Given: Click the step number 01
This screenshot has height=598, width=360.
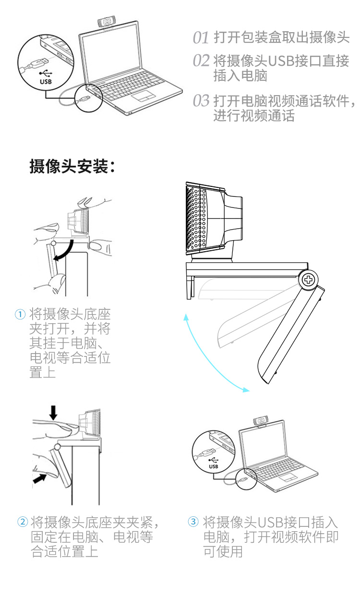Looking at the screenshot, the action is point(201,37).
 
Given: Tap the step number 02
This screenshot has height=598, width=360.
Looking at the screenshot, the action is point(201,61).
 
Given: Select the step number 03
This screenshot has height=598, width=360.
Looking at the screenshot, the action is point(201,101).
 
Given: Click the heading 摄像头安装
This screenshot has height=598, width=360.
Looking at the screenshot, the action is point(69,166).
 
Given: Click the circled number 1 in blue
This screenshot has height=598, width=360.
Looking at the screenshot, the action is point(20,314).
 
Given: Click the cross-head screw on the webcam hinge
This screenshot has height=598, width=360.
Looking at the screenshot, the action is point(309,280).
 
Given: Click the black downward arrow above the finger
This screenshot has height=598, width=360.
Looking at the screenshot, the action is point(53,413).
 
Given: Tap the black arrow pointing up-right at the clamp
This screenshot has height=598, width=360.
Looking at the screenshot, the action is point(39,478).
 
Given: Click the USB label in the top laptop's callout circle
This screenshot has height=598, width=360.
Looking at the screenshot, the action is point(46,82).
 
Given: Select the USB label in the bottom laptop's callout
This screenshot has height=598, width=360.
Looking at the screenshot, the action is point(214,466).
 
